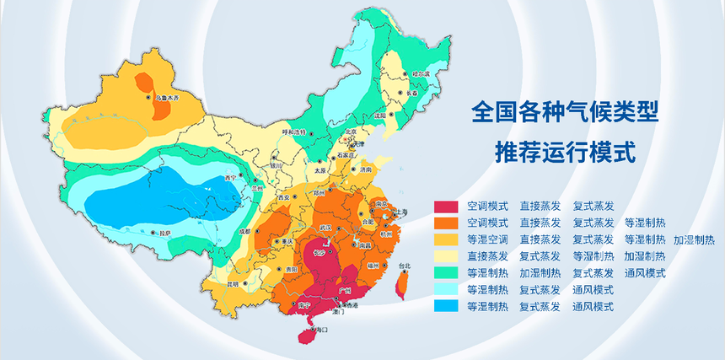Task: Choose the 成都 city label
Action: point(244,229)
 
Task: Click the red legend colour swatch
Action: point(446,207)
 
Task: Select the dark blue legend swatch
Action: point(446,307)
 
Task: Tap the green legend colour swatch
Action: point(446,273)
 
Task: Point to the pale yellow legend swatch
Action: point(446,256)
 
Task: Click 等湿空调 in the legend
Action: point(487,240)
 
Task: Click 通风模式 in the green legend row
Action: point(645,273)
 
